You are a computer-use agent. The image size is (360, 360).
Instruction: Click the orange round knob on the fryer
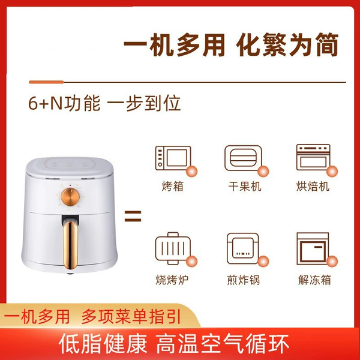70,197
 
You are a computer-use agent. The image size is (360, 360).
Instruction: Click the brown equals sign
133,216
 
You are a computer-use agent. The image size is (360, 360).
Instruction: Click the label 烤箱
173,186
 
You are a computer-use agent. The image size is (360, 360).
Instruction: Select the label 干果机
245,186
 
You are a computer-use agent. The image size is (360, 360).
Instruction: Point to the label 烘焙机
313,186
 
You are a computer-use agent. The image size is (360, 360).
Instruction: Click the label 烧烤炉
172,280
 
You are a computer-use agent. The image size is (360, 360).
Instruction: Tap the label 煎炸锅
244,280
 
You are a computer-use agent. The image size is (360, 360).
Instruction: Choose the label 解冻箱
314,280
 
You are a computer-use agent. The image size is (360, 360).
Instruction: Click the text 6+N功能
64,103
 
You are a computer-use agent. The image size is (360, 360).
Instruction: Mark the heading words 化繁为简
287,45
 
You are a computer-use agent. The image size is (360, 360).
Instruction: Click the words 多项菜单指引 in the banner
131,317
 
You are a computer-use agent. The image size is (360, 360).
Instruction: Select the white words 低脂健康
103,344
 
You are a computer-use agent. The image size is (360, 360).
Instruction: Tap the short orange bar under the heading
46,82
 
